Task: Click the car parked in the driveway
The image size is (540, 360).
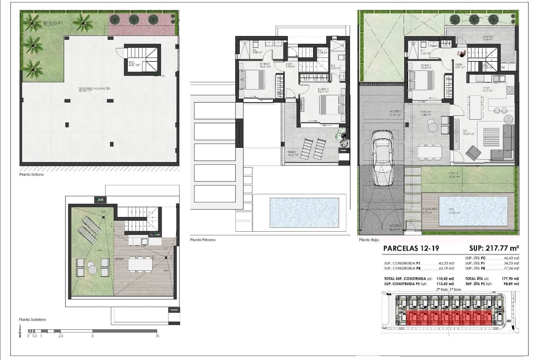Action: [382, 158]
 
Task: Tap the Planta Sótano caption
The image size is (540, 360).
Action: [31, 175]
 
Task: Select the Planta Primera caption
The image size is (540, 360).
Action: [202, 240]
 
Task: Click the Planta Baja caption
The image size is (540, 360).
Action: [369, 240]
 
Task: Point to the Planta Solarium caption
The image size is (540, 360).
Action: [32, 319]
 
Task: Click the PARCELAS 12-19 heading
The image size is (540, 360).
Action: [411, 249]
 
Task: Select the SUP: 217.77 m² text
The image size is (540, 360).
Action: [494, 249]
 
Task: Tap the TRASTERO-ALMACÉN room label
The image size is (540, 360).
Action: [94, 89]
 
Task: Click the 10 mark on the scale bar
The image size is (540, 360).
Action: [157, 336]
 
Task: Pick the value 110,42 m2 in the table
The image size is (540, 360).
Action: [445, 279]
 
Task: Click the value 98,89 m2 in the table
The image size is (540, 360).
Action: [511, 284]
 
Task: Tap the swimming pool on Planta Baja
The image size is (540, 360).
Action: [473, 211]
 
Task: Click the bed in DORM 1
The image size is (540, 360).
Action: [421, 80]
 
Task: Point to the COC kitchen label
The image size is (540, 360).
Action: [486, 89]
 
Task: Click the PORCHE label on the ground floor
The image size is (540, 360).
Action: [426, 112]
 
